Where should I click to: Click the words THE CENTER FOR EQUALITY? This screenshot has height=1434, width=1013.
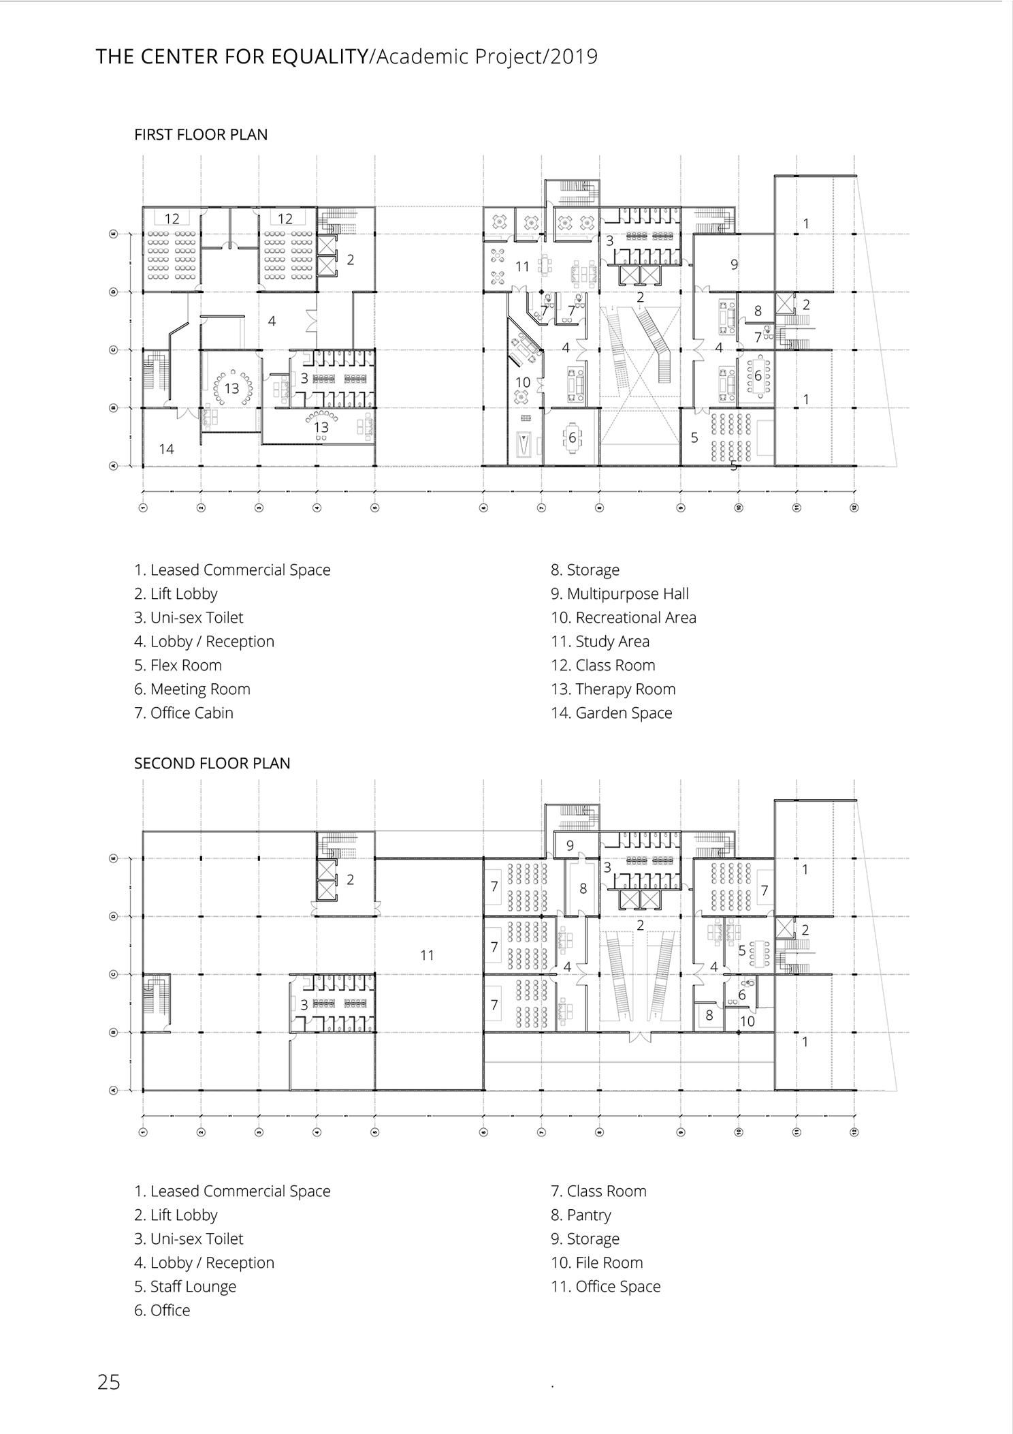point(231,57)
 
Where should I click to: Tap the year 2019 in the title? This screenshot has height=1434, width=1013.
point(574,57)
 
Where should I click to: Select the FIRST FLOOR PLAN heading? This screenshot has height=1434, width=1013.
point(201,135)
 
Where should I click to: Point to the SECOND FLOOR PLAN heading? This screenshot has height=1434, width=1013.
point(212,764)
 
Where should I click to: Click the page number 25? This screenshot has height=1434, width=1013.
point(108,1382)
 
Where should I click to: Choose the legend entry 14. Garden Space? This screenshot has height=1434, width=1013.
point(611,713)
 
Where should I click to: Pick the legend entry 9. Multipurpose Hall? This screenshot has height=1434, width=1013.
point(620,594)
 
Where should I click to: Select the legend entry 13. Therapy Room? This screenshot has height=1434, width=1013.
point(613,689)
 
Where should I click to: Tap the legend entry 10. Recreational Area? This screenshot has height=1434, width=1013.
point(624,618)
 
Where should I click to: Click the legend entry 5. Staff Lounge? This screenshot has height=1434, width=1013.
point(185,1287)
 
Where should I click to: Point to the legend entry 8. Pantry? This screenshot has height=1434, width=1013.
point(581,1215)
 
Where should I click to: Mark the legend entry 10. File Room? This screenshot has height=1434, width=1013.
point(596,1263)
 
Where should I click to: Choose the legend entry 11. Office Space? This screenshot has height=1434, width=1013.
point(605,1287)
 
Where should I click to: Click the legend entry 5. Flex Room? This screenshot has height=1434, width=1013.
point(178,666)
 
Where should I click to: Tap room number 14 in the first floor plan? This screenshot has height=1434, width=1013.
point(166,449)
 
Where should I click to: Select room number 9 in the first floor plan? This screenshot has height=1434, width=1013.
point(734,264)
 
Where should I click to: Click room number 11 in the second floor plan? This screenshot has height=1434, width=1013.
point(427,955)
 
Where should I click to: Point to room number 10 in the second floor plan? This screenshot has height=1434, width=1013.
point(747,1021)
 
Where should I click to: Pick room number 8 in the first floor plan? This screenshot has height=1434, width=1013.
point(758,311)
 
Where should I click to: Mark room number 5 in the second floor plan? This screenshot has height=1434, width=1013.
point(742,950)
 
